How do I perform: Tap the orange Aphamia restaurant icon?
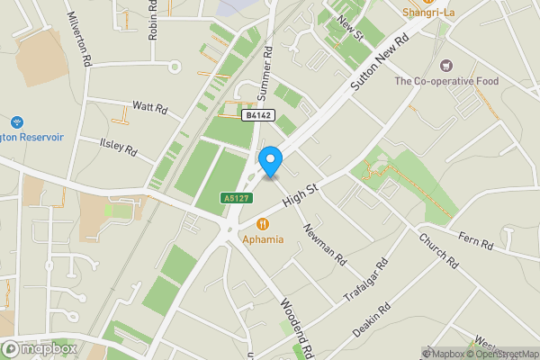pos(263,223)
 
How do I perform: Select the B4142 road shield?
pos(257,115)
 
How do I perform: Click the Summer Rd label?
pos(265,72)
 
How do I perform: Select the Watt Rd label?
pos(150,107)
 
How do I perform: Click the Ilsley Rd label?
pos(118,146)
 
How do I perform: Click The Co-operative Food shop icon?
pos(445,65)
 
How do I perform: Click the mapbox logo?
pos(39,348)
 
